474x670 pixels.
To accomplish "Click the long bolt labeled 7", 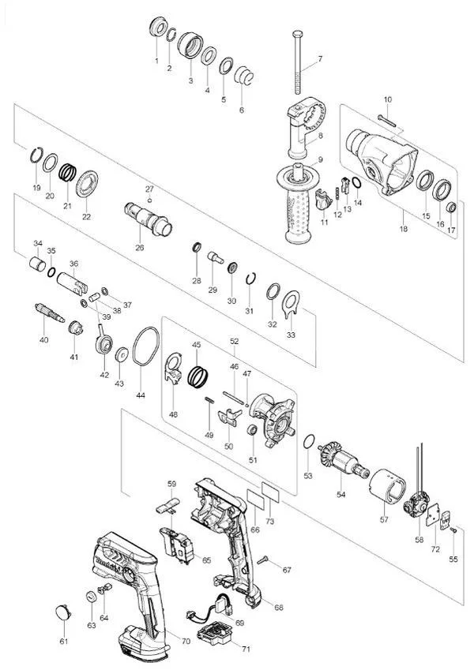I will click(298, 63).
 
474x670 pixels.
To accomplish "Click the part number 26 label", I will click(140, 248).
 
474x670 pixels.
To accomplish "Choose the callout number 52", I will click(234, 341).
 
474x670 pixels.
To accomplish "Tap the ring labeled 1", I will click(156, 28).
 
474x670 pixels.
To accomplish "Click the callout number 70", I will click(186, 642).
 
